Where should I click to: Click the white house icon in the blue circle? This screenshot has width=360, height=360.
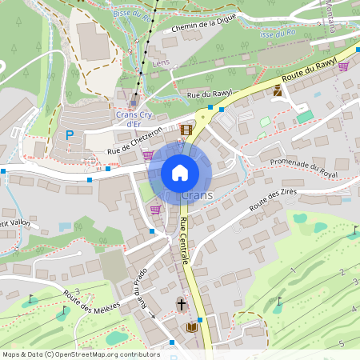click(x=180, y=173)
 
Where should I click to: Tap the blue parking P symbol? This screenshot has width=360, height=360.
click(x=70, y=135)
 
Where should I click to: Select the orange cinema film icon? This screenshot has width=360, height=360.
click(x=186, y=130)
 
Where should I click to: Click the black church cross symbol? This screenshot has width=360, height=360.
click(x=182, y=304)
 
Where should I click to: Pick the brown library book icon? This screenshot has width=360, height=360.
click(x=191, y=327)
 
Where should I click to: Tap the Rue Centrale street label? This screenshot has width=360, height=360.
click(x=184, y=240)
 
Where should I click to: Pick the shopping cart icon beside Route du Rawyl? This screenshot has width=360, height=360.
click(x=343, y=66)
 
